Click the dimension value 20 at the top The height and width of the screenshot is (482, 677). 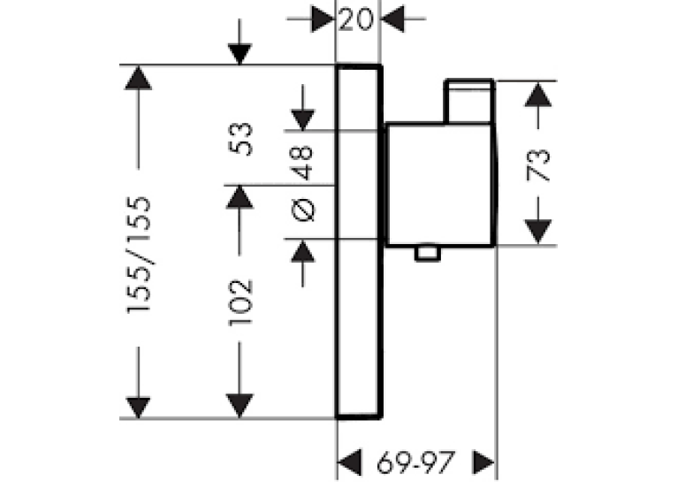click(355, 19)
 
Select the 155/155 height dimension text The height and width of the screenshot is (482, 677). click(139, 255)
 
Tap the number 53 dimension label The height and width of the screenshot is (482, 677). click(240, 139)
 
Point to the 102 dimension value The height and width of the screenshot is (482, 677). click(240, 302)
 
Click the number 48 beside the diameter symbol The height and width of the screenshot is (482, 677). click(302, 164)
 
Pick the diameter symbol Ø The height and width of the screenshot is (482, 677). click(303, 210)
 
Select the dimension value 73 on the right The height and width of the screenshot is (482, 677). click(538, 164)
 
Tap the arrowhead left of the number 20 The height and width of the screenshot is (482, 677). click(323, 19)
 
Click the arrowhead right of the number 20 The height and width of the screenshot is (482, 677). click(392, 19)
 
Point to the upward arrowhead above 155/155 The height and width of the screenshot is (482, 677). click(138, 78)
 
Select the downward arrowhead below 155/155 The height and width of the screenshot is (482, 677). click(138, 408)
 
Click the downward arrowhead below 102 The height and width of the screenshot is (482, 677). click(240, 406)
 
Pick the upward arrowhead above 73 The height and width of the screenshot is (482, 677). click(538, 94)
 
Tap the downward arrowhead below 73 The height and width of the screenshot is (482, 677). click(538, 232)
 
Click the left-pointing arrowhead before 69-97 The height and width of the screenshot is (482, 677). click(349, 463)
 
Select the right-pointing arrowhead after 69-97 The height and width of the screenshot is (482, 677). click(484, 463)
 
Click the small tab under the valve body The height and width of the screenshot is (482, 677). click(428, 254)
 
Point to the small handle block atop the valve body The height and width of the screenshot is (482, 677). click(469, 102)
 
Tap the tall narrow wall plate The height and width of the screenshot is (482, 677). click(359, 241)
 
